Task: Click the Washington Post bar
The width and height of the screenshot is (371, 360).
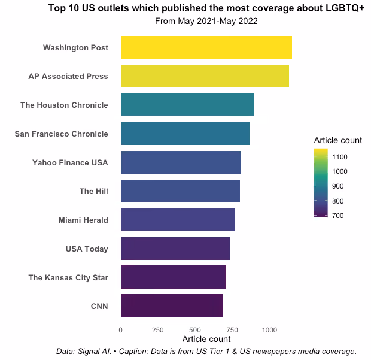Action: click(206, 47)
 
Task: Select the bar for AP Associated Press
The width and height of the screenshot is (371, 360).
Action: click(205, 76)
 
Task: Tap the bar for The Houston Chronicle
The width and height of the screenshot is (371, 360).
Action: click(188, 105)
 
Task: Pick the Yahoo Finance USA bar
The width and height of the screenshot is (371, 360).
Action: click(181, 162)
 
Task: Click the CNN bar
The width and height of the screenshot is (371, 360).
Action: click(172, 305)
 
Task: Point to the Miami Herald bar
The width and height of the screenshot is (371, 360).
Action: click(178, 220)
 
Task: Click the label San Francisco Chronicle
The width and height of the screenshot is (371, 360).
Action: click(61, 134)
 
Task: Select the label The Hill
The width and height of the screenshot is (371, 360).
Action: click(94, 191)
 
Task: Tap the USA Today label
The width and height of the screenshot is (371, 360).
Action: click(87, 249)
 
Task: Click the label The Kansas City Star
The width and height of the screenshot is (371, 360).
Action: click(68, 277)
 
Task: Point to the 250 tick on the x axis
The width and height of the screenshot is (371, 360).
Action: click(158, 330)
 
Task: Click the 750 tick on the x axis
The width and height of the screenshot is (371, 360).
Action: click(232, 330)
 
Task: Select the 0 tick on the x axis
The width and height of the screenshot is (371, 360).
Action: click(121, 330)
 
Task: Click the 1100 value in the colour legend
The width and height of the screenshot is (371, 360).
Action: click(340, 157)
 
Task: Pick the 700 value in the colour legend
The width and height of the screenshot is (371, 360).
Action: click(338, 216)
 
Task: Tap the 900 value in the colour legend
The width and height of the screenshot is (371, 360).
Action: click(338, 186)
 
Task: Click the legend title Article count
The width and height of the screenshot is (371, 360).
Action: click(338, 140)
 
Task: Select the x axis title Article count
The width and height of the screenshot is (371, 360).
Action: click(206, 339)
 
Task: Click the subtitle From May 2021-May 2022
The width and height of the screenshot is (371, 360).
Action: click(206, 21)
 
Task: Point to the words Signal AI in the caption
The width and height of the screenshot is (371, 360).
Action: click(95, 351)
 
